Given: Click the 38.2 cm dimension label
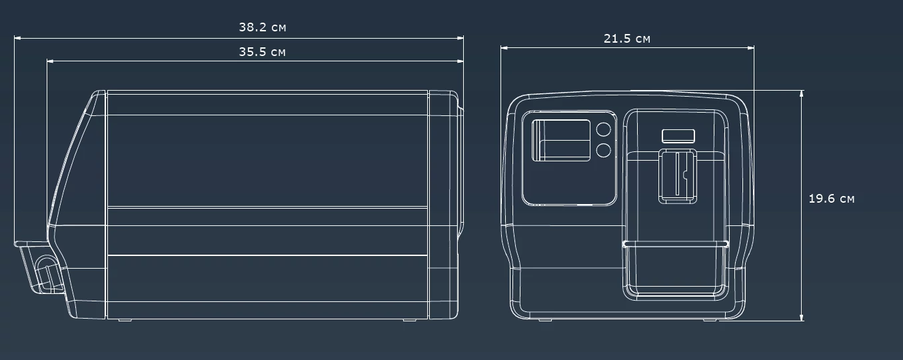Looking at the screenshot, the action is click(x=263, y=27).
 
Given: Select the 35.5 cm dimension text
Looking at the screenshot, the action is click(x=263, y=52).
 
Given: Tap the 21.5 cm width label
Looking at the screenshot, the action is click(x=627, y=39).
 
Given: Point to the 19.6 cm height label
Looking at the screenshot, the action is click(x=831, y=199).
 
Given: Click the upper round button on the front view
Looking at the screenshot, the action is click(x=604, y=129).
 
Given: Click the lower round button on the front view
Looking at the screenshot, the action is click(x=604, y=150).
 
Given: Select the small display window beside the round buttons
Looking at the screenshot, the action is click(x=561, y=141).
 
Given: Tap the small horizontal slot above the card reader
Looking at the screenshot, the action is click(x=678, y=136).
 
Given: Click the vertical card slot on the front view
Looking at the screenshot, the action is click(x=677, y=175).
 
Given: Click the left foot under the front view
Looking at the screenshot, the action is click(x=545, y=320).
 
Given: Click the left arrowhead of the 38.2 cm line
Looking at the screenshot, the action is click(x=17, y=38).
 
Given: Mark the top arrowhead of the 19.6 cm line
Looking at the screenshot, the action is click(x=802, y=93).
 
